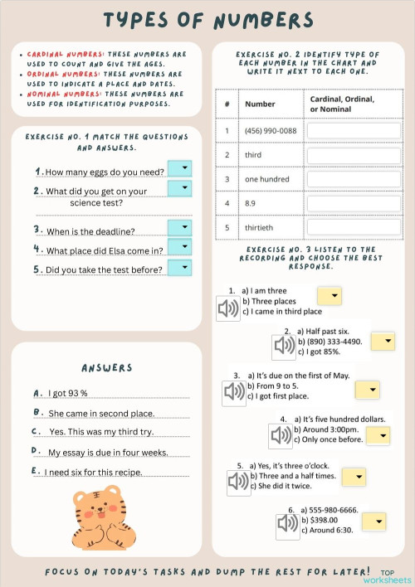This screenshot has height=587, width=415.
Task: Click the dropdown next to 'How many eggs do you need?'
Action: [179, 168]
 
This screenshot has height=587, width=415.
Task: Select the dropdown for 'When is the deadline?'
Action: [179, 228]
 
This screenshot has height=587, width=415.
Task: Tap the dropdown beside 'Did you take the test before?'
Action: [179, 267]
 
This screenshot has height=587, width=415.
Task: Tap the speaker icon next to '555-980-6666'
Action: [287, 523]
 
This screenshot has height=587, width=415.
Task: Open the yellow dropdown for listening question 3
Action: [366, 390]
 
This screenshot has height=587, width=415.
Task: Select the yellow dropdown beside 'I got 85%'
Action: [383, 342]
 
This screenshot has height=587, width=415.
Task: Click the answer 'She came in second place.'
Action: [101, 413]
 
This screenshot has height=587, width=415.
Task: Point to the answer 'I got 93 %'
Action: [68, 393]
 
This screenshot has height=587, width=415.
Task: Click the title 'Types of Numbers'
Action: [207, 19]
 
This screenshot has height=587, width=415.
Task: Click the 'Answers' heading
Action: [106, 367]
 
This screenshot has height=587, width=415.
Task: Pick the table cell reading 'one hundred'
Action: [266, 179]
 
